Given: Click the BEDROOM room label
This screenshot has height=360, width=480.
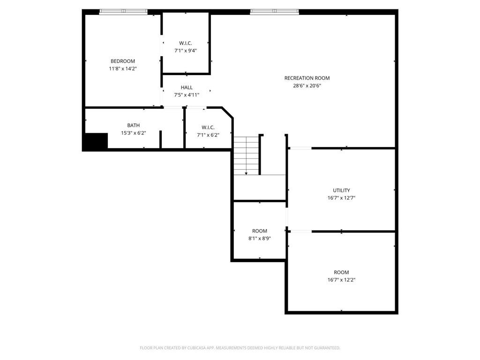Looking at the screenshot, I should [122, 61].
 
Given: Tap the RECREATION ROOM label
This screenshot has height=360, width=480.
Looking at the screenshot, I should [307, 78].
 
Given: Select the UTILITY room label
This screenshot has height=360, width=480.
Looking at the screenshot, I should [341, 190].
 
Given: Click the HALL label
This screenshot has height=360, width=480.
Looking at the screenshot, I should [187, 87].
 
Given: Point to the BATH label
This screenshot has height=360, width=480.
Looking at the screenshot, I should [133, 125].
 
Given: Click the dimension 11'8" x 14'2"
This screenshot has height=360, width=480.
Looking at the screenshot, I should [122, 68].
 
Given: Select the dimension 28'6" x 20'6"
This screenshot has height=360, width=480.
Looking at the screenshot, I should [307, 85].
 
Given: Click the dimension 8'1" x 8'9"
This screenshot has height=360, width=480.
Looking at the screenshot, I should [259, 238].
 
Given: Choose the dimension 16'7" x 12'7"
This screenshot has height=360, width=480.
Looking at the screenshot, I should [341, 198].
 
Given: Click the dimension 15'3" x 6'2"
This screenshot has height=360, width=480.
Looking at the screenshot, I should [133, 133].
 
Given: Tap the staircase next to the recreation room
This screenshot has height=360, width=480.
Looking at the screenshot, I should [247, 155].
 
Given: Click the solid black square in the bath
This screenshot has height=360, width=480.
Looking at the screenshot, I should [96, 141].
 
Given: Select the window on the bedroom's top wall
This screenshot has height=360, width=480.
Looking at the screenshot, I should [123, 12].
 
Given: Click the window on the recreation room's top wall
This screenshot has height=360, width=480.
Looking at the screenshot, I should [274, 12].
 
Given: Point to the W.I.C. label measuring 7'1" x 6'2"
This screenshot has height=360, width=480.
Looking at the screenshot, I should [208, 127].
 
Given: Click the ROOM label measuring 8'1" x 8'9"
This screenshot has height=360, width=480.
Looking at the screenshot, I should [259, 231].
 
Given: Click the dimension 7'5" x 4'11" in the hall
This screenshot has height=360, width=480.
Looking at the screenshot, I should [187, 95].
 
